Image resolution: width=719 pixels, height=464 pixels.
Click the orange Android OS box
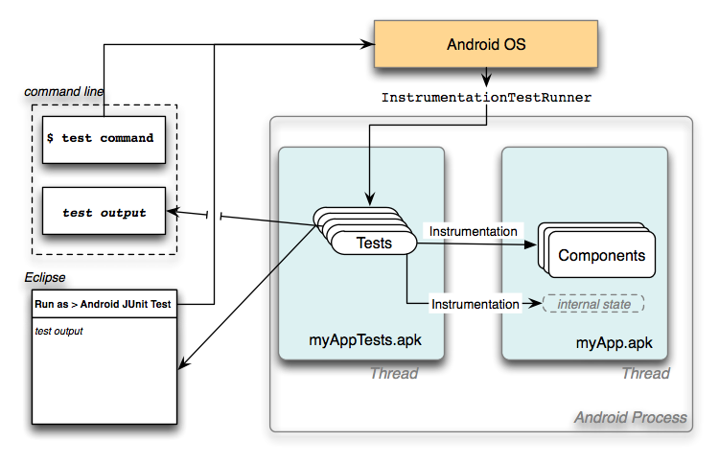coord(485,45)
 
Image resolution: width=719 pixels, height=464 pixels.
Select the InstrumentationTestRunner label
coord(486,98)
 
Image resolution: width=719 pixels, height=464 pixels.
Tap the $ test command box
coord(104,138)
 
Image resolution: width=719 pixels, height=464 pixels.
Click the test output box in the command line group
coord(104,212)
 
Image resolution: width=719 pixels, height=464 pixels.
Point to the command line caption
coord(64,91)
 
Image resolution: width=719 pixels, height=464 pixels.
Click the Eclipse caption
coord(45,277)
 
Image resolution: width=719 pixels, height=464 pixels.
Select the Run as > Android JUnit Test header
coord(104,304)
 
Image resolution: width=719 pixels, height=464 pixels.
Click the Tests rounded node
coord(374,243)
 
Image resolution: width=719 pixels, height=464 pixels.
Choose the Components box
coord(601,256)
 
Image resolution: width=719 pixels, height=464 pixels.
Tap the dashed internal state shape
coord(593,304)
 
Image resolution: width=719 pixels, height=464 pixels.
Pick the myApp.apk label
coord(615,341)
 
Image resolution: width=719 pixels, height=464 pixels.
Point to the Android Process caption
coord(630,417)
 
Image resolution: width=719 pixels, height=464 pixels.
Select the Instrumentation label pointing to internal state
coord(475,304)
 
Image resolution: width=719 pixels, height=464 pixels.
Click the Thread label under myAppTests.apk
coord(394,373)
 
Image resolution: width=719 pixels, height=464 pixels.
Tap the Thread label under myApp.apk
coord(645,373)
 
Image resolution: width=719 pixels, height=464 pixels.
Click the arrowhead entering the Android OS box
coord(366,44)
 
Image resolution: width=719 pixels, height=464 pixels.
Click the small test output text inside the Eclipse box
coord(58,331)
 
